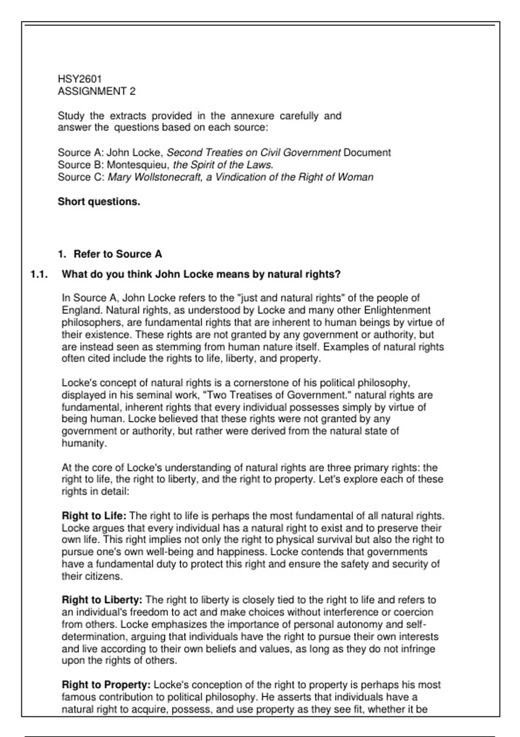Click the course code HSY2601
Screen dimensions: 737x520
tap(80, 79)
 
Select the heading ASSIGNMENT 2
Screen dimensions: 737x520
tap(97, 91)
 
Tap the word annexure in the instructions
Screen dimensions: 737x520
tap(252, 116)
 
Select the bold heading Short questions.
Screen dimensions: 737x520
tap(99, 202)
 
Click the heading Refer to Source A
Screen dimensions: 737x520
tap(117, 254)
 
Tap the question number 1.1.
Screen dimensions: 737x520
tap(39, 274)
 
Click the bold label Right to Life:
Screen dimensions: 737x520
tap(94, 516)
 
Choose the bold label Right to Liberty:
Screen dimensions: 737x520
tap(102, 600)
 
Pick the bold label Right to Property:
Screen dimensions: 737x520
tap(106, 685)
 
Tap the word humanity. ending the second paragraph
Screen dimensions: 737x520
tap(84, 444)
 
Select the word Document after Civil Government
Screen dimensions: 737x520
tap(367, 153)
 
